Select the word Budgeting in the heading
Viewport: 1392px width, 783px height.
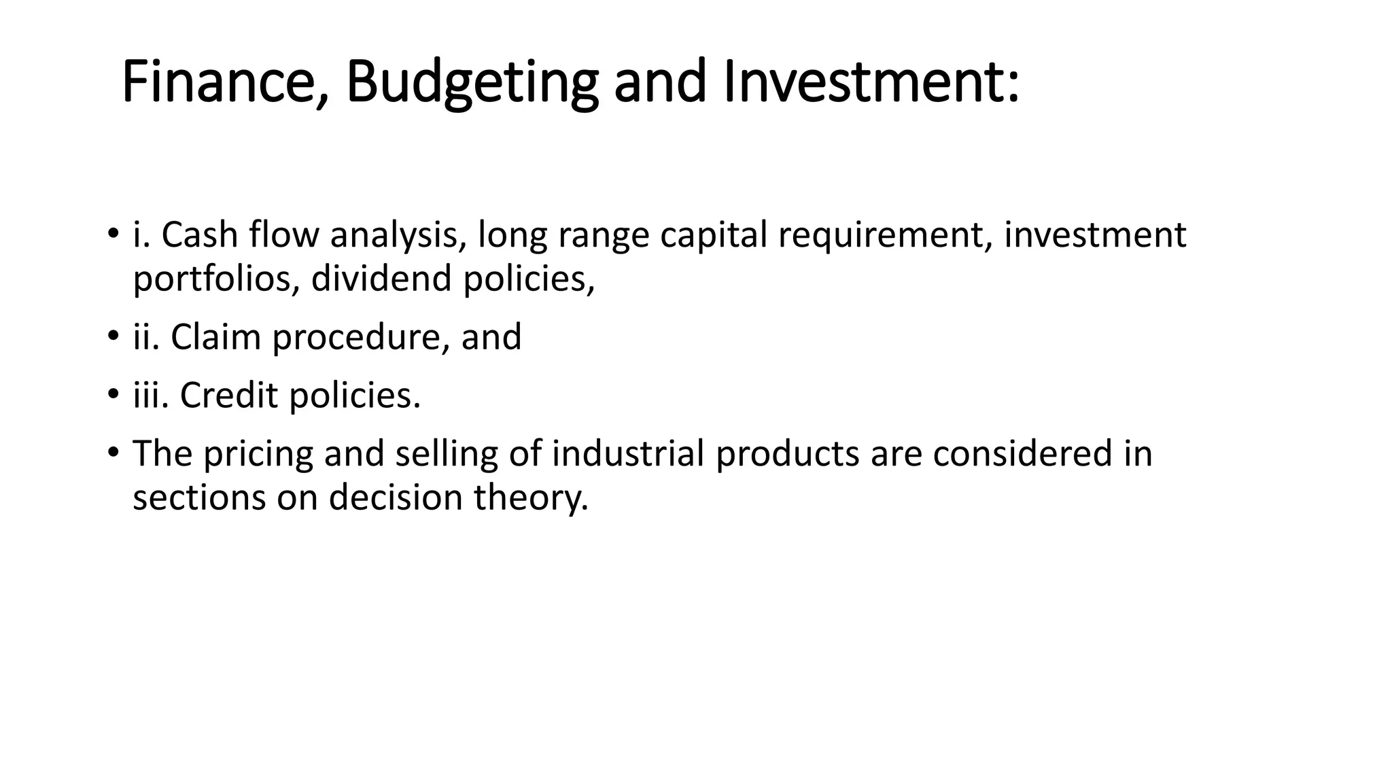click(472, 83)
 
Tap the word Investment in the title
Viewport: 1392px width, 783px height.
click(871, 83)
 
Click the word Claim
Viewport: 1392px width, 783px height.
click(215, 337)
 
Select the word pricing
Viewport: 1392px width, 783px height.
click(258, 454)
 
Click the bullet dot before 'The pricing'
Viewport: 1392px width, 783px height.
click(113, 451)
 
